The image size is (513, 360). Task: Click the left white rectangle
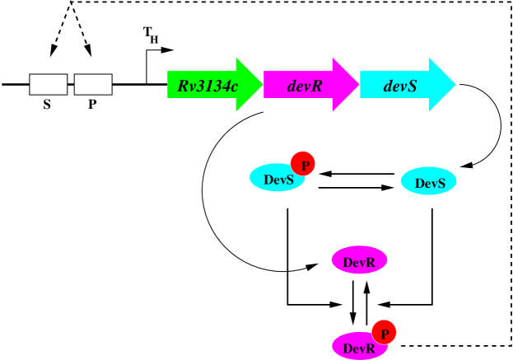[49, 85]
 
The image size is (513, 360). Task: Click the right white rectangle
[93, 85]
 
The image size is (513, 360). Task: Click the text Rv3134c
[208, 86]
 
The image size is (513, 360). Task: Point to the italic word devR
[305, 86]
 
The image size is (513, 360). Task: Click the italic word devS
[400, 86]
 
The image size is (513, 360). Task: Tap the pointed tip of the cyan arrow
[453, 85]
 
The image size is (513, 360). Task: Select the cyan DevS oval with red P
[274, 179]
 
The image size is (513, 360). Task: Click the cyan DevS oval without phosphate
[428, 181]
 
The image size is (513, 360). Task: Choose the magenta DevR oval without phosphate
[359, 260]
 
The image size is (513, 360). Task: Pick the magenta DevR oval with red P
[357, 347]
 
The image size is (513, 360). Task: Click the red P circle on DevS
[303, 164]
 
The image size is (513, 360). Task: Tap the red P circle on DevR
[384, 332]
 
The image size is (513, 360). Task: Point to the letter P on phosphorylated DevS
[305, 166]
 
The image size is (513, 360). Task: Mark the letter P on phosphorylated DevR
[385, 334]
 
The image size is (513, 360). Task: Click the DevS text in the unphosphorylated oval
[430, 184]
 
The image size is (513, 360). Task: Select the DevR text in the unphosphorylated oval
[359, 263]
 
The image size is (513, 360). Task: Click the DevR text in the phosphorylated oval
[359, 349]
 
